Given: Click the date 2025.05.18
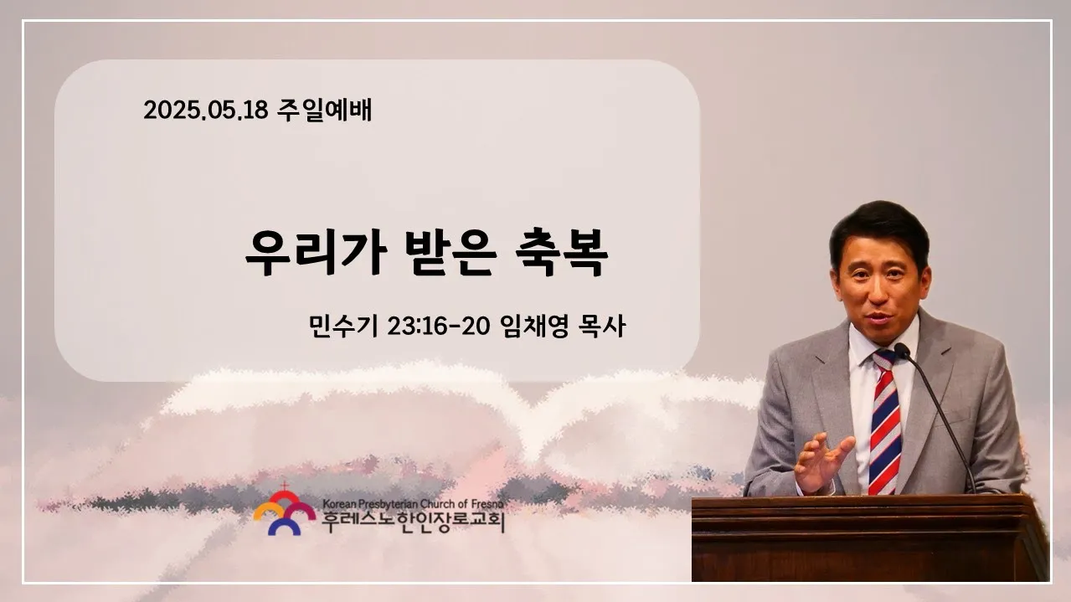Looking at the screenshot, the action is click(206, 110).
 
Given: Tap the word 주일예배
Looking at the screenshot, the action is click(324, 110).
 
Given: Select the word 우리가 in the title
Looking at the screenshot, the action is click(316, 253).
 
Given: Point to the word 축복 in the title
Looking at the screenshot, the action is click(562, 253).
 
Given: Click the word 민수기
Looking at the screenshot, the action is click(343, 327).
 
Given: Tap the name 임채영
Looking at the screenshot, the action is click(534, 327).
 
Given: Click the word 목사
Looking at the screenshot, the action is click(602, 327).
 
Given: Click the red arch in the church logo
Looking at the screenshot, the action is click(284, 497).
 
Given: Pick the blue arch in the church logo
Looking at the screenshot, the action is click(284, 525).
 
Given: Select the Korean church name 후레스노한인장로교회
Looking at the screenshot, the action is click(413, 522).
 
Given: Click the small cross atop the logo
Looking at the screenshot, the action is click(285, 486).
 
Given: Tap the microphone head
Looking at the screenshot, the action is click(902, 351).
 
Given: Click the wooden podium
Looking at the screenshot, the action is click(870, 538).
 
